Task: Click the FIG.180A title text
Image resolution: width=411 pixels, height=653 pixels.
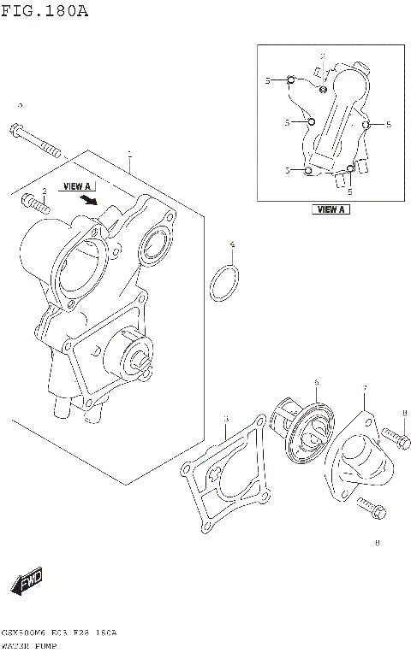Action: (45, 11)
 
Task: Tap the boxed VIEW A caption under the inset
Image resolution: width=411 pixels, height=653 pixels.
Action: (331, 209)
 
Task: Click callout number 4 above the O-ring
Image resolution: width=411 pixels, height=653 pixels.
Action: (232, 246)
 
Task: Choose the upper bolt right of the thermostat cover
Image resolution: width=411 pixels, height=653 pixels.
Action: (392, 438)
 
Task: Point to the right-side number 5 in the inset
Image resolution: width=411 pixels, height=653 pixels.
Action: (388, 125)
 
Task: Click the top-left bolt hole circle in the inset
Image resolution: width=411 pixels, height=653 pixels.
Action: (291, 80)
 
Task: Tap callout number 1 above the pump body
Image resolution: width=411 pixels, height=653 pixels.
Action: (129, 156)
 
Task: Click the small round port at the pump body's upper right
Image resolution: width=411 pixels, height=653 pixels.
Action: (155, 244)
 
